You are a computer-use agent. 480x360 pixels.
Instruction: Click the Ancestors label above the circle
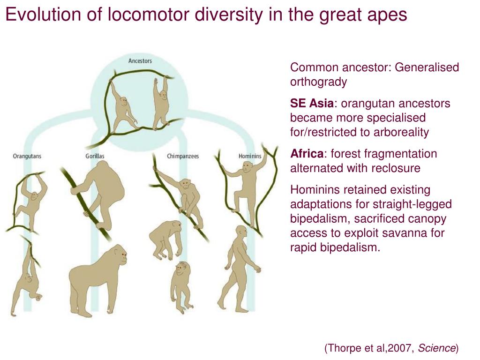click(140, 61)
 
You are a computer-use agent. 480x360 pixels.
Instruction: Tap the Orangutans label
click(27, 156)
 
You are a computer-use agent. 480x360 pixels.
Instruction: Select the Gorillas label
click(95, 156)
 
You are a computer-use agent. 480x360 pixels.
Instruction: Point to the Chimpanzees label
click(183, 156)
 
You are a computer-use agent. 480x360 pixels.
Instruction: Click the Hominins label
click(250, 156)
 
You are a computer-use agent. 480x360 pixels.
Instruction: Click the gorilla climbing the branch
click(103, 192)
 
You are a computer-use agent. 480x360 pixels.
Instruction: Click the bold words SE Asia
click(312, 104)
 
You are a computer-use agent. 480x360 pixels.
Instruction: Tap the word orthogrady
click(318, 82)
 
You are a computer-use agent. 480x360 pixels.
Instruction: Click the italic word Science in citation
click(436, 348)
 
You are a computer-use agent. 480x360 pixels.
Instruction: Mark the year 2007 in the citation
click(402, 348)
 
